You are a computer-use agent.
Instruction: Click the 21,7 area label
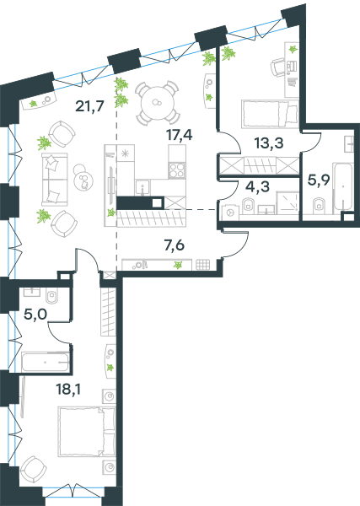(x=89, y=105)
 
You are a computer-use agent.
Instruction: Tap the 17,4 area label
(x=179, y=135)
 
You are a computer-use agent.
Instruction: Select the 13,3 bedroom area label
(x=269, y=143)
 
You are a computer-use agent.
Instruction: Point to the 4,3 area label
(x=257, y=186)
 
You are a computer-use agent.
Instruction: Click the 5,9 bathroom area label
(x=319, y=180)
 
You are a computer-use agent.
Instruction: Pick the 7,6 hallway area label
(x=175, y=245)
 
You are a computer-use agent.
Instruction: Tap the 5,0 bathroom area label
(x=35, y=314)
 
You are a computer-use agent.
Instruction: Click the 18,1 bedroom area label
(x=68, y=389)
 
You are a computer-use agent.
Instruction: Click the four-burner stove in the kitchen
(x=177, y=170)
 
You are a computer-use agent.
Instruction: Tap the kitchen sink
(x=142, y=187)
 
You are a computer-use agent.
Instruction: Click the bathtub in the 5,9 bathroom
(x=342, y=187)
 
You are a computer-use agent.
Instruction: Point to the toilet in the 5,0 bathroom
(x=52, y=295)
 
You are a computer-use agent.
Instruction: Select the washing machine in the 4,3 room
(x=230, y=213)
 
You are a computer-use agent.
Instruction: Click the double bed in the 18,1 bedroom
(x=87, y=432)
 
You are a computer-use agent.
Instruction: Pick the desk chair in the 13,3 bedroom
(x=277, y=67)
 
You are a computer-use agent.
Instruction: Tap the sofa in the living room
(x=55, y=179)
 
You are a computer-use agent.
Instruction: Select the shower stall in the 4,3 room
(x=287, y=202)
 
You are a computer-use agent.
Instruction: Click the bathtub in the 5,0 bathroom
(x=46, y=362)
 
